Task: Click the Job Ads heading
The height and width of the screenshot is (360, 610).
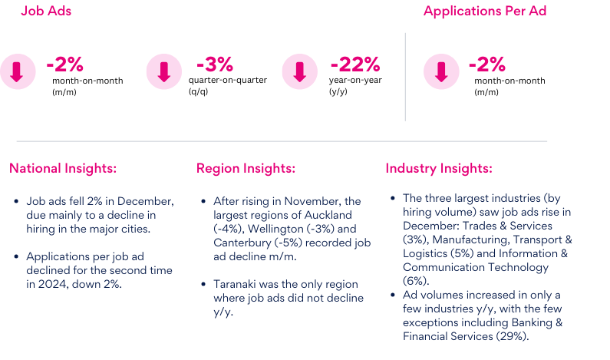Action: (46, 12)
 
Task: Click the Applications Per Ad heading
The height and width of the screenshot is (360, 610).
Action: (484, 12)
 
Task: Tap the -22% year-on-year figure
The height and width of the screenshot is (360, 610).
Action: (354, 64)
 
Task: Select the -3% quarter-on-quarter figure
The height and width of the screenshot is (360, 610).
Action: (214, 64)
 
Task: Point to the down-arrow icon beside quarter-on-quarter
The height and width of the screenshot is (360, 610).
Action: (163, 72)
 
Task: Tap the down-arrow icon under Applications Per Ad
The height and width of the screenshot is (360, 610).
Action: (441, 72)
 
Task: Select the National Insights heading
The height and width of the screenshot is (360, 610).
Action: (63, 169)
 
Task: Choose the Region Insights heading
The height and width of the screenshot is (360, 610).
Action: (246, 169)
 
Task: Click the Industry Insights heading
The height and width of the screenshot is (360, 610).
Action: (439, 169)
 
